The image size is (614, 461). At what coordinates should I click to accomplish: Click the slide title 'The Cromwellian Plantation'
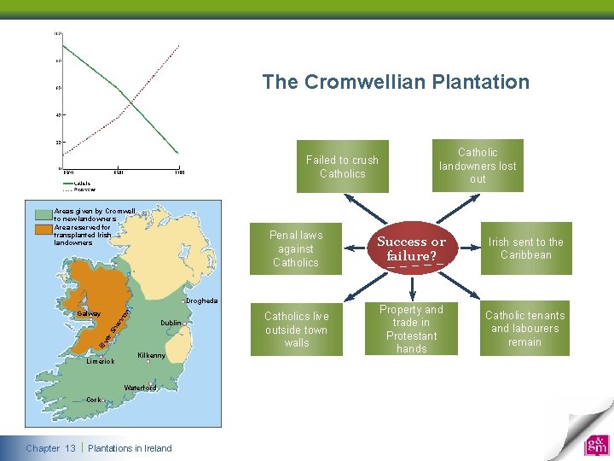[396, 82]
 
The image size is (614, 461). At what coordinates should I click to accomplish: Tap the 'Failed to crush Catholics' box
[342, 166]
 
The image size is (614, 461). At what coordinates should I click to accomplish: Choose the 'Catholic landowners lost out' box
[478, 166]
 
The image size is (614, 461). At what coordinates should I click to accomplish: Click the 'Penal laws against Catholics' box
[295, 248]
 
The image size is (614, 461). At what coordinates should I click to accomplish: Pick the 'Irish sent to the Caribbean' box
[525, 248]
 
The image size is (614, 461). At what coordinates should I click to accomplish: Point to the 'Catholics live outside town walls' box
[296, 329]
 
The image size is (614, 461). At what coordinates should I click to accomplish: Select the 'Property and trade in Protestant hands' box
[411, 329]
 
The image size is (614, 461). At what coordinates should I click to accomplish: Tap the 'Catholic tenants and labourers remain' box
[524, 329]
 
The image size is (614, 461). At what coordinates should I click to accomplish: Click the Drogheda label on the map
[202, 301]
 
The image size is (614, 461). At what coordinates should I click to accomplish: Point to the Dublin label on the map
[171, 324]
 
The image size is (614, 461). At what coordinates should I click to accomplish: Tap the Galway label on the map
[89, 314]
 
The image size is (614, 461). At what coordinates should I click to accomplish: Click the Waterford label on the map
[140, 388]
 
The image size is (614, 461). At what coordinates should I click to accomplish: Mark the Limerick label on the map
[101, 362]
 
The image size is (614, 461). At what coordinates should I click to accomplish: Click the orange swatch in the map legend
[43, 228]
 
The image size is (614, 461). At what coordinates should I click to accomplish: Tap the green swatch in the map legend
[43, 213]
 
